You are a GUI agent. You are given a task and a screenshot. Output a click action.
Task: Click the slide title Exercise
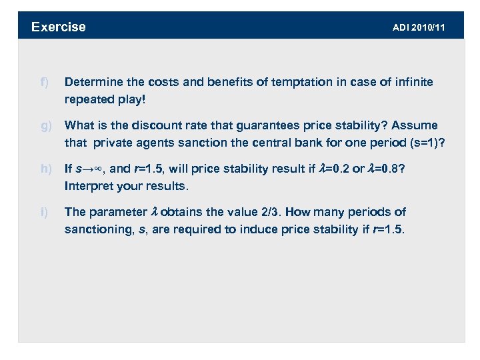[59, 27]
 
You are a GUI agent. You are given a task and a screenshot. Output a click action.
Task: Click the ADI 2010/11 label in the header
[419, 27]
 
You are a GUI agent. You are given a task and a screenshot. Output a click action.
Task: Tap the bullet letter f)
[44, 82]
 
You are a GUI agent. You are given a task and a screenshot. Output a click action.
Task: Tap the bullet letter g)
[45, 125]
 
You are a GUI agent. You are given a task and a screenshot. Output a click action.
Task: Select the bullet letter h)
[45, 169]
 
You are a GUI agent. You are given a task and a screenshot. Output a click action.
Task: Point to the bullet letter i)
[44, 212]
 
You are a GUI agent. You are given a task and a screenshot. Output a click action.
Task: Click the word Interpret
[87, 185]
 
